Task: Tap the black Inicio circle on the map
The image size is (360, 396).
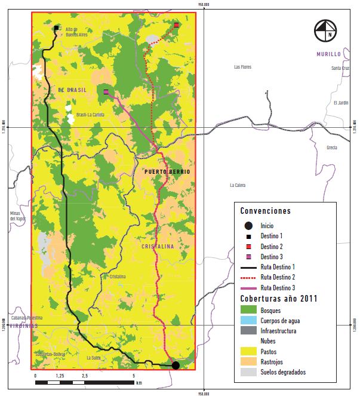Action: point(176,365)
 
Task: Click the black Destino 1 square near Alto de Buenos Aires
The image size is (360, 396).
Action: point(56,28)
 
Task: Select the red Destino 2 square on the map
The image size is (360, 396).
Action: point(177,25)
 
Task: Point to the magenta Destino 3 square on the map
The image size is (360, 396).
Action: point(106,92)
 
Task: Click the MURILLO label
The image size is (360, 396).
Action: point(328,54)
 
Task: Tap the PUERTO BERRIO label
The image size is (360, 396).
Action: point(167,172)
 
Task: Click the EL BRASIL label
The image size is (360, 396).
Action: point(72,90)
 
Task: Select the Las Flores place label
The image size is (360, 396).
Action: point(243,67)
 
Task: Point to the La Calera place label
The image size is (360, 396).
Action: point(239,185)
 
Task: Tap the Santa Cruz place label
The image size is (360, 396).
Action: point(340,68)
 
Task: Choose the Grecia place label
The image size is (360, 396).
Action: point(332,148)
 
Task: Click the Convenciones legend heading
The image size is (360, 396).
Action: point(265,211)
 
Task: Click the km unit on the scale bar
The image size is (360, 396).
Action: point(139,382)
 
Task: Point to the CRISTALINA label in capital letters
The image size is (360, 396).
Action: point(158,246)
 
